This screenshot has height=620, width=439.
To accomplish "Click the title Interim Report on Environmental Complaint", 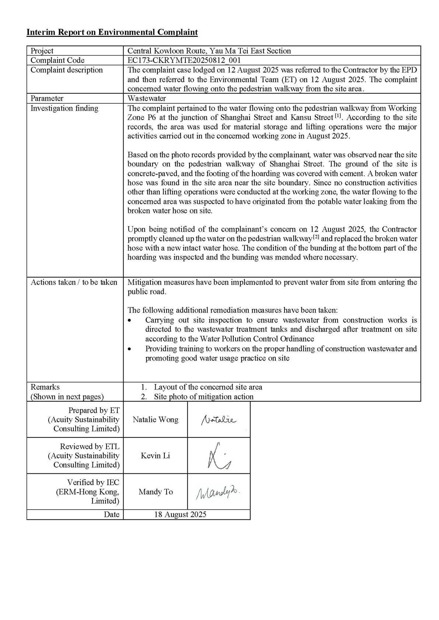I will point(112,32).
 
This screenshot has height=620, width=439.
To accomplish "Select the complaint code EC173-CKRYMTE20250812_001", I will point(184,60).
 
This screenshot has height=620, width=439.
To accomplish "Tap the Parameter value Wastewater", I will point(147,98).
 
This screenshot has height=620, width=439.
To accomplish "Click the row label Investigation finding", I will point(65,108).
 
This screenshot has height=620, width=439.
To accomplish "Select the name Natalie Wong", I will point(156,420).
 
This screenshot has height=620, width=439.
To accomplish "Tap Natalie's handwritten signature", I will point(219,420).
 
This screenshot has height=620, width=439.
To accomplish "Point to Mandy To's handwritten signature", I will point(219,492).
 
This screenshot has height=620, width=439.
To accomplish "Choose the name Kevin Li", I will point(156,456).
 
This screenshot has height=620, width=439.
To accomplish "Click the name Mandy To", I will point(156,492).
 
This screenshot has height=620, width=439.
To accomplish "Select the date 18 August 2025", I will point(180,515).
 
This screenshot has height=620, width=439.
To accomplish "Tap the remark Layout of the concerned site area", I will point(208,387).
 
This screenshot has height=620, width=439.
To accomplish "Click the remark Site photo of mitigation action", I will point(203,397).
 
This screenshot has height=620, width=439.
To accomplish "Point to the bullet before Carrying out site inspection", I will point(129,321).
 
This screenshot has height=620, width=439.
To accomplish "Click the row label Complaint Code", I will point(58,60).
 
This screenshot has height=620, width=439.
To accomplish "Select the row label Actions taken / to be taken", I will point(74,282).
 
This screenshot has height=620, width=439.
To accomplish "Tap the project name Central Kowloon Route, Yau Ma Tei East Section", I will point(209,51).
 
